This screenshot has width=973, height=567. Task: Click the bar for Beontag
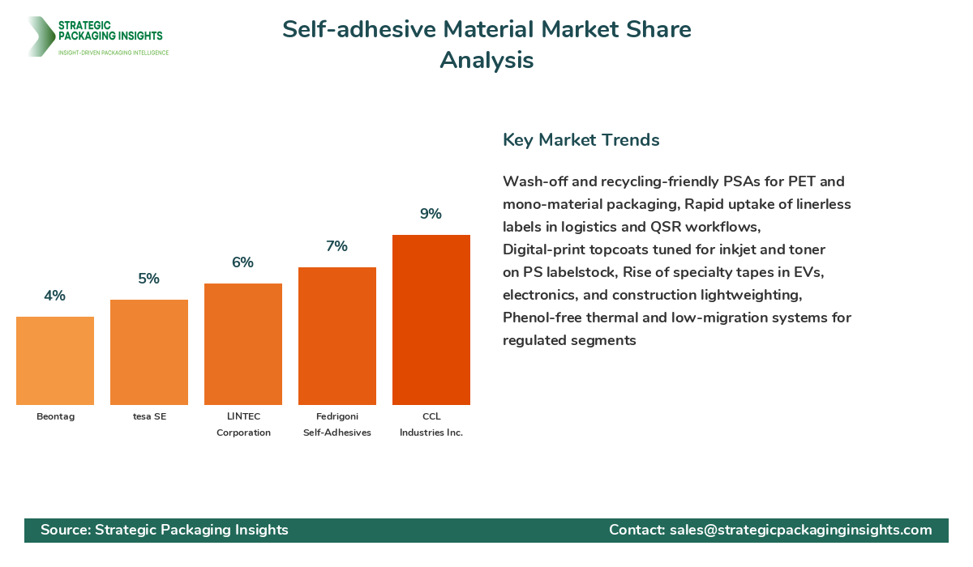55,360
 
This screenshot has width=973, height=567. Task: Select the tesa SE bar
149,352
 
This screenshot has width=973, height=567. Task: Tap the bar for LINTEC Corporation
243,344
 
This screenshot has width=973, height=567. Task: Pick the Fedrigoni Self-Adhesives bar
337,336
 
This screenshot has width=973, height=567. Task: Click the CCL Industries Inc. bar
431,320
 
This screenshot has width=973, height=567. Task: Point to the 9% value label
431,214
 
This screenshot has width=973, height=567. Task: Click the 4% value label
55,296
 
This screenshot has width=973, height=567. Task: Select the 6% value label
243,262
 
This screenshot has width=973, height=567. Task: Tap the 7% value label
337,246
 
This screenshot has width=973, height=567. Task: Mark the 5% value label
149,279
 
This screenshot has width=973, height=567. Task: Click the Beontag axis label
55,416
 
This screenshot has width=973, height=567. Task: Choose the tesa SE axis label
149,416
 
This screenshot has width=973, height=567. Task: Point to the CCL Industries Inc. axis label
431,424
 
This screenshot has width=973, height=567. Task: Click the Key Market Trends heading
581,139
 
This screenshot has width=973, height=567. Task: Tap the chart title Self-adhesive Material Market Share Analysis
486,45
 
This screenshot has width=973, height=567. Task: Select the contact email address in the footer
800,530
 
